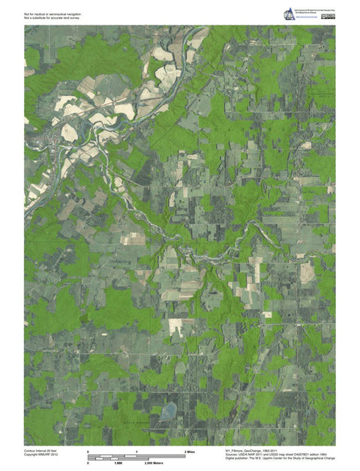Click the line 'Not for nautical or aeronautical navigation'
click(x=53, y=13)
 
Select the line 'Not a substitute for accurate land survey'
click(x=52, y=17)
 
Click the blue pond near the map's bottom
click(x=168, y=410)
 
